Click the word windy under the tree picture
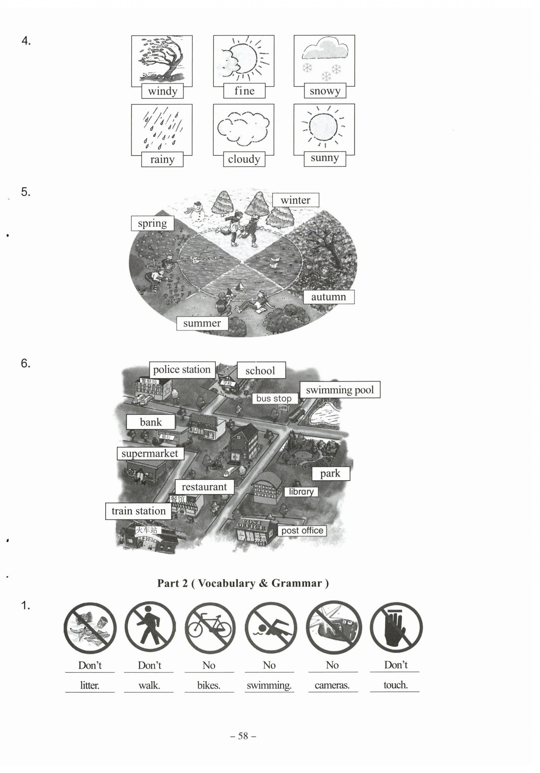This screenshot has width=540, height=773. point(162,91)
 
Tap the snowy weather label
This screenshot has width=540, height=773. point(325,91)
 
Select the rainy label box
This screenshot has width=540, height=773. point(162,159)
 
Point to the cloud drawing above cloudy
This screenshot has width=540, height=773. point(243,128)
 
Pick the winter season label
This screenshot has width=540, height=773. point(295,200)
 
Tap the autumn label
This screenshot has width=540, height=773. point(328,297)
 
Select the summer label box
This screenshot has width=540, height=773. point(202,323)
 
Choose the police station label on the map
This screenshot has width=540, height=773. point(182,370)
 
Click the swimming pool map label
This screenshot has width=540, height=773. point(340,390)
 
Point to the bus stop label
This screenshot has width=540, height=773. point(274,399)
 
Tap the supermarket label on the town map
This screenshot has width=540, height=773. point(150,454)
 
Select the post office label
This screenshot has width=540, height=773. point(302,531)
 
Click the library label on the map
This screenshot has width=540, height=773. point(301,492)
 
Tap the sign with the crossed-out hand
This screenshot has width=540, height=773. point(396,628)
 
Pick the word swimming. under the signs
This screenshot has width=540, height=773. point(269,685)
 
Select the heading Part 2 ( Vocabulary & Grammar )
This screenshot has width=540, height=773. point(243,583)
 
